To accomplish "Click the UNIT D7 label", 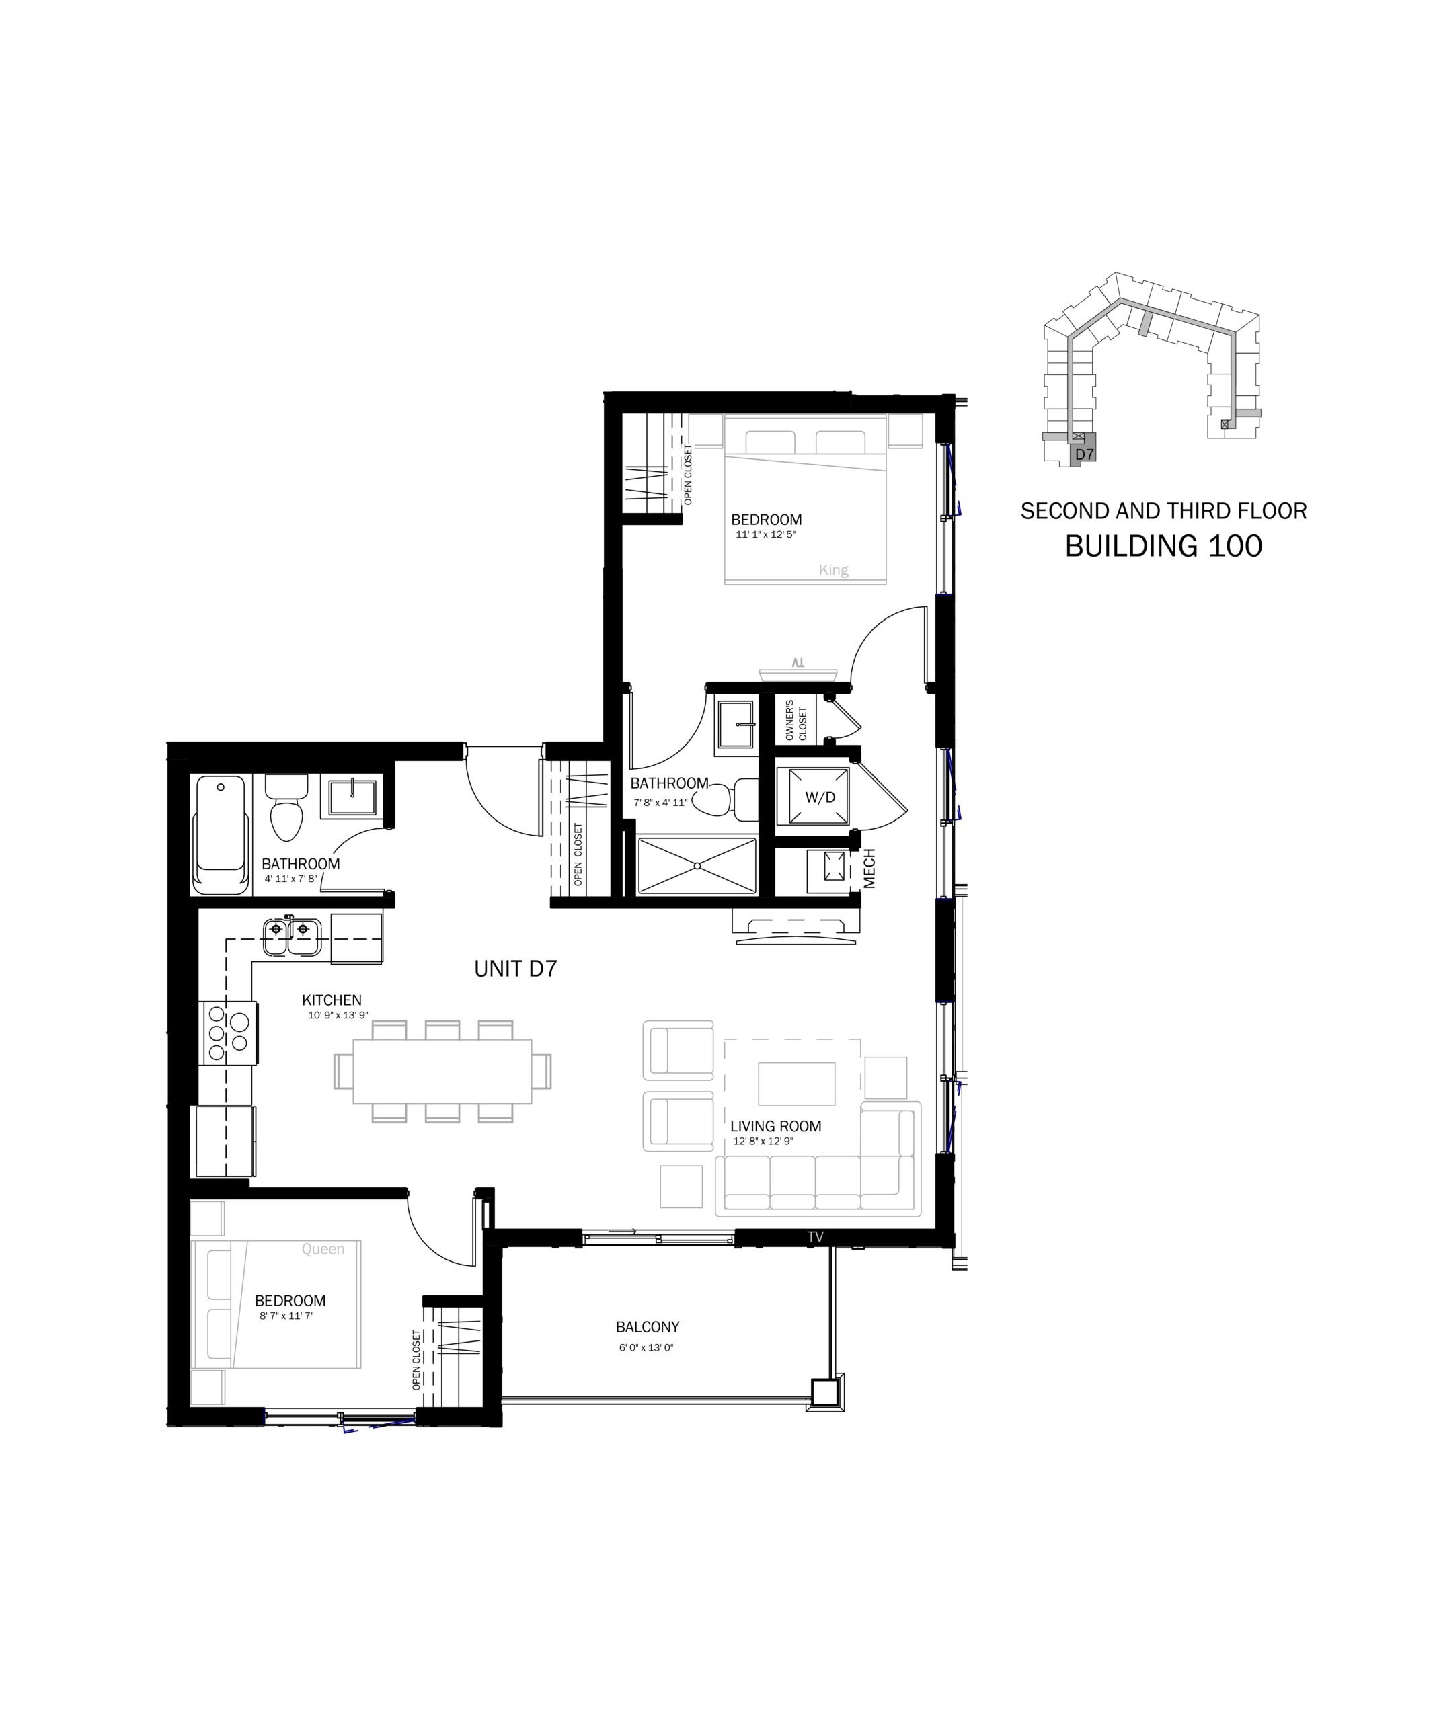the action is [x=516, y=969].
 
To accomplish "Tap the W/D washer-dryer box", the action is [x=813, y=796].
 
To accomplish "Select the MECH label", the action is [x=869, y=868].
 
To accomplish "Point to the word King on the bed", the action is [x=833, y=570].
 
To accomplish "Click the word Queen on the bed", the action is [x=323, y=1249].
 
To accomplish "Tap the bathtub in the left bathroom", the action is [x=221, y=834].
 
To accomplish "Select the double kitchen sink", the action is [x=292, y=936].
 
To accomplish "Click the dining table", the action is [x=442, y=1071].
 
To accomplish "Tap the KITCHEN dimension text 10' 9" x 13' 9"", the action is [x=338, y=1015].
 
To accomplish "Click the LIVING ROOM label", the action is [x=775, y=1127].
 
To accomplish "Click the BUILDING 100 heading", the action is [x=1163, y=546].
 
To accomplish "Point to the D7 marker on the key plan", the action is [x=1084, y=454].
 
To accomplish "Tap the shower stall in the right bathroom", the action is [x=697, y=865].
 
